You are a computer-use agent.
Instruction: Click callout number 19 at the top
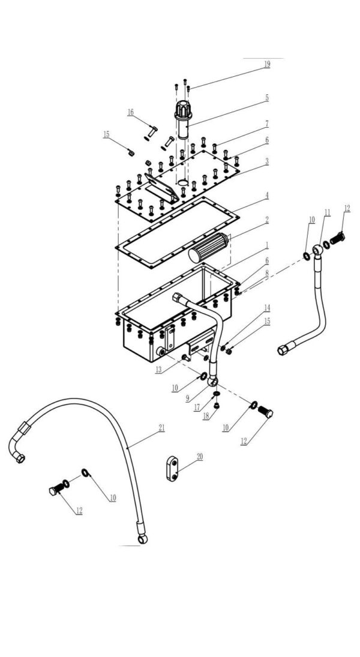tap(266, 64)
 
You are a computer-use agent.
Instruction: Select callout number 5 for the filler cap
tap(266, 97)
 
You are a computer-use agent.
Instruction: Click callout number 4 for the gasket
tap(266, 195)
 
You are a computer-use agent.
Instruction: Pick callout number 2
tap(266, 220)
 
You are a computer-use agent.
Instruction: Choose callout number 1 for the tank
tap(266, 246)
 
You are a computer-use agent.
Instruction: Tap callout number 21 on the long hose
tap(161, 428)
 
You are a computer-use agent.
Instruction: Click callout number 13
tap(158, 370)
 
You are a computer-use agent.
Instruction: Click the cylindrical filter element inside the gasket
tap(208, 248)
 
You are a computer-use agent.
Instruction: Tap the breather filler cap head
tap(182, 110)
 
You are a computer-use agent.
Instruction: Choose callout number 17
tap(196, 407)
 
